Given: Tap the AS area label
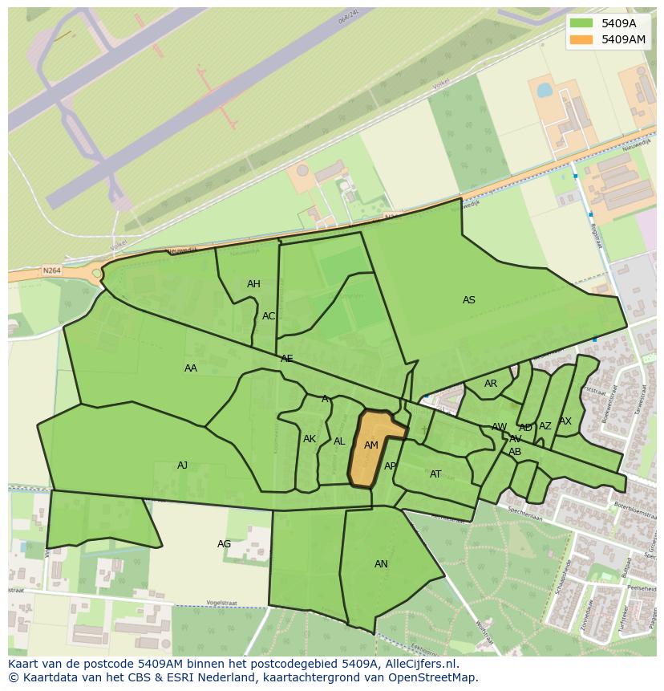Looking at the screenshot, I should (x=469, y=300).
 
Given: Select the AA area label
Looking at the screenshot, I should (x=191, y=368).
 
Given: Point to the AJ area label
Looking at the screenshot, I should (x=183, y=465).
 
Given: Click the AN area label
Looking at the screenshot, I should (x=381, y=564).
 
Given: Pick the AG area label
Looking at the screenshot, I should (x=225, y=544).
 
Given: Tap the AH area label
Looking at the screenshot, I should (x=253, y=284).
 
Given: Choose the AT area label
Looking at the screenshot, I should (x=435, y=474).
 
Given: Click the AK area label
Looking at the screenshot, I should (x=310, y=439).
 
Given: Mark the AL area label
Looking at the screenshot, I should (x=339, y=441).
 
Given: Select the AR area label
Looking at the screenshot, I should (x=491, y=384).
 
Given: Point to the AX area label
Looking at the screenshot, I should (x=565, y=421).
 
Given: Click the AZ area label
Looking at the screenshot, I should (x=545, y=426).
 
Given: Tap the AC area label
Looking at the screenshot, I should (x=269, y=316).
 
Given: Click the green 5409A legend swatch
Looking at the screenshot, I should (x=582, y=23).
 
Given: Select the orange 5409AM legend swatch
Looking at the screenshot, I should (x=582, y=39).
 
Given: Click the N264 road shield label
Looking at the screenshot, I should (x=52, y=271).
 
